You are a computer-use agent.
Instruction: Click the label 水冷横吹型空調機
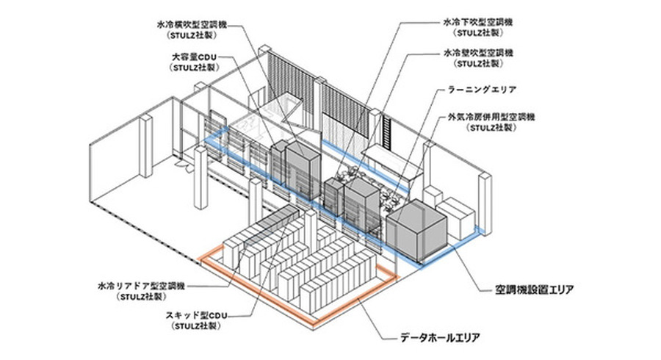point(190,24)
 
